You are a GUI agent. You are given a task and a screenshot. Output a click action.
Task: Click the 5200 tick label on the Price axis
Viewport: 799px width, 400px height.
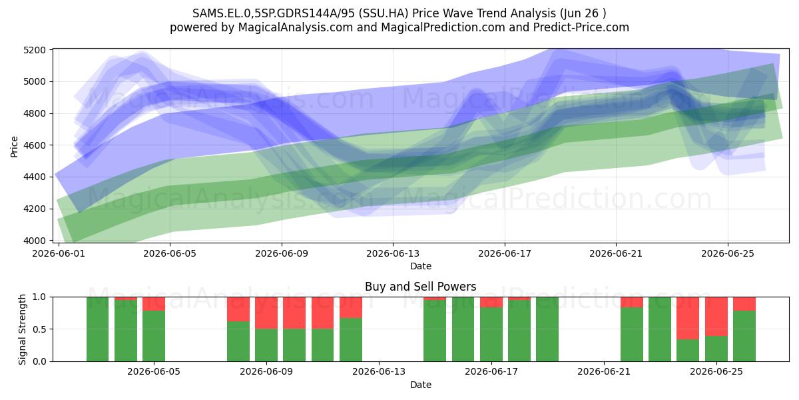point(35,50)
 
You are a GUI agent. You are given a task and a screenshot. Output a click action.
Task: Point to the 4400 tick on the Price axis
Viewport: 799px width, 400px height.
point(35,177)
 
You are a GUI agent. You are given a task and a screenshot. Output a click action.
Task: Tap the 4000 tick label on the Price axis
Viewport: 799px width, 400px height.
point(35,241)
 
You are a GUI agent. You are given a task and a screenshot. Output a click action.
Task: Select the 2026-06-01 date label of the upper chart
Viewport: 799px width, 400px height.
point(59,253)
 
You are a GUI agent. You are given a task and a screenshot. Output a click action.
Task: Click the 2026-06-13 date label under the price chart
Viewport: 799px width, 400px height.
point(393,253)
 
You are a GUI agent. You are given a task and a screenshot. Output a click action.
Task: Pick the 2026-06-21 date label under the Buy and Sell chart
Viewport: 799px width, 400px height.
point(604,372)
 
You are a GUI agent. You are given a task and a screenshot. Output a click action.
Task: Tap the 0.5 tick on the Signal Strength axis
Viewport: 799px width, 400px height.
point(39,329)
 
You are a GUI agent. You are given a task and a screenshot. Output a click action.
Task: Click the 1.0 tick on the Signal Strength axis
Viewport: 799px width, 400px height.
point(39,297)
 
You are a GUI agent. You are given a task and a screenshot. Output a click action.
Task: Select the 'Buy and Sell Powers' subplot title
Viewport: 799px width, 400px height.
point(421,287)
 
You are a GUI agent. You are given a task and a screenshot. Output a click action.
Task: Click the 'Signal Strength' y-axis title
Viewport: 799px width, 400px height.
point(22,329)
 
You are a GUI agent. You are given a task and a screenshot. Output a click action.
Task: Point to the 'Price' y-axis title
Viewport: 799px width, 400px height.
point(14,147)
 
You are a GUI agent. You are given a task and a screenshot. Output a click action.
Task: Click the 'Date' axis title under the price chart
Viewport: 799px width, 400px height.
point(421,266)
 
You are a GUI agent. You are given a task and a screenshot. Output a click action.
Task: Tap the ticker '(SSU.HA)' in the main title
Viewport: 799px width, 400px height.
point(384,13)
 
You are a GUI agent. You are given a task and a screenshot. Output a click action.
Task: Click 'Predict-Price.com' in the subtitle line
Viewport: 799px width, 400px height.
point(581,27)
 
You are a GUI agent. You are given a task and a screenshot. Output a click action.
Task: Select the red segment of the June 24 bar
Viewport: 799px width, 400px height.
point(688,318)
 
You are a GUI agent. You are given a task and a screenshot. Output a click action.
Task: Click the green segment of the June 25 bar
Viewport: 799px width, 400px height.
point(716,349)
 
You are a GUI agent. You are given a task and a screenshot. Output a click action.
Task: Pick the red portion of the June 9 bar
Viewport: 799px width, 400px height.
point(266,313)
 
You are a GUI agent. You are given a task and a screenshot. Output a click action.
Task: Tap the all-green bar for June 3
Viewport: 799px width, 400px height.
point(97,329)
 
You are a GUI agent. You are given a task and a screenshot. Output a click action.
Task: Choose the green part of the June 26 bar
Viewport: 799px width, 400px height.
point(744,336)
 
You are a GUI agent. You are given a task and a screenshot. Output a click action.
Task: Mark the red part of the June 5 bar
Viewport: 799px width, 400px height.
point(154,304)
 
